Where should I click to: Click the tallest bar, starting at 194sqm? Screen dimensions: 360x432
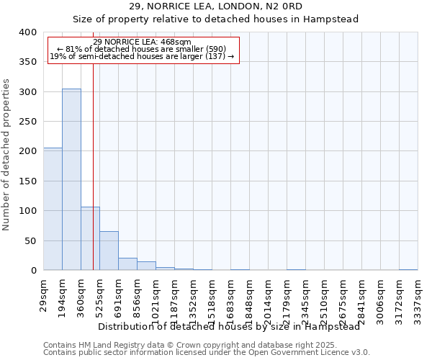click(71, 180)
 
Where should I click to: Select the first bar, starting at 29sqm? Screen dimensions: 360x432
click(53, 209)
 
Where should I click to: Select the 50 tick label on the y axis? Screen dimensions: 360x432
click(29, 240)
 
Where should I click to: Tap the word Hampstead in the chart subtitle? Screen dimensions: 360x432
click(330, 19)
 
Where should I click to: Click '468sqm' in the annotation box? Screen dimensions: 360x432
click(176, 42)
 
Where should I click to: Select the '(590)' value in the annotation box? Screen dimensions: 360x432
click(213, 49)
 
